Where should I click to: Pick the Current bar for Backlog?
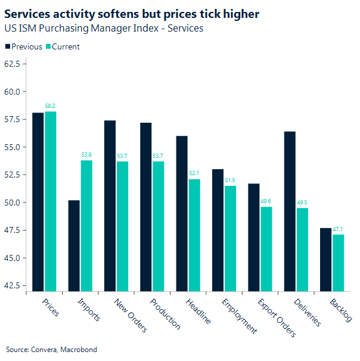coord(339,263)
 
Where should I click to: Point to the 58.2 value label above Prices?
coord(50,106)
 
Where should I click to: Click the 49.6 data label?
coord(266,201)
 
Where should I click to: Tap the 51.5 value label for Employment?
coord(230,181)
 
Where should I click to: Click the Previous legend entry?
coord(24,46)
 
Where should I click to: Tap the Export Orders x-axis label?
coord(276,316)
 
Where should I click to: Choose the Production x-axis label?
coord(165,313)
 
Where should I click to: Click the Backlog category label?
coord(340,310)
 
